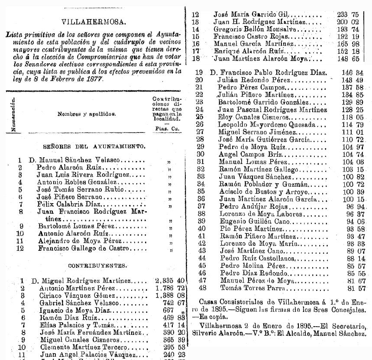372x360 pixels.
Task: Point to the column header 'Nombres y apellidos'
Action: pyautogui.click(x=87, y=114)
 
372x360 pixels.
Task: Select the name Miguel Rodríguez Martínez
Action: pyautogui.click(x=93, y=281)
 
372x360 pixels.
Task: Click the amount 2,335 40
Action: pyautogui.click(x=170, y=281)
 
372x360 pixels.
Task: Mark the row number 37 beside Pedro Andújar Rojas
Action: pyautogui.click(x=201, y=206)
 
